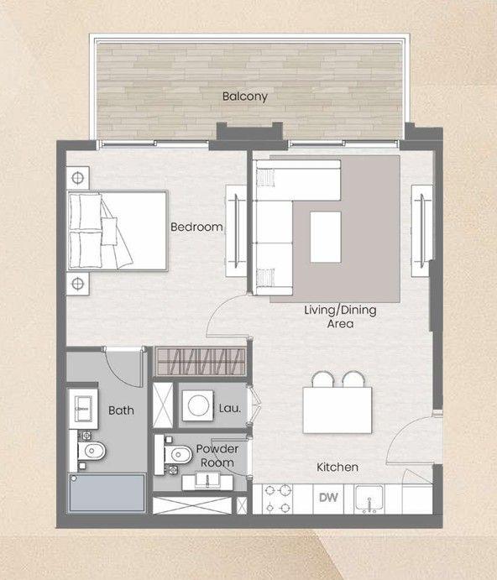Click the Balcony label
point(244,97)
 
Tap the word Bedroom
point(196,227)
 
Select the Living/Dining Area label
point(340,316)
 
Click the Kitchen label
point(337,467)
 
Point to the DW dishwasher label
point(327,499)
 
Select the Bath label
point(121,410)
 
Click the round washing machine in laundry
point(198,405)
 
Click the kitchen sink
point(369,500)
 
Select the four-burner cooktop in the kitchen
point(280,500)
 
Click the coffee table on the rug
point(326,236)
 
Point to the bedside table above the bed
point(78,178)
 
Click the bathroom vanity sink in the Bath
point(84,407)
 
